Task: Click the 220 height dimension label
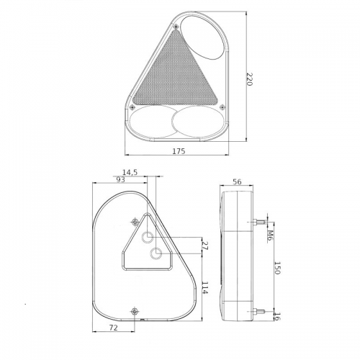249,79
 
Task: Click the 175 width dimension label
179,151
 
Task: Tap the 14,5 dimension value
130,172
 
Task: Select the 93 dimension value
120,179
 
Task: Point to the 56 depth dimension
237,181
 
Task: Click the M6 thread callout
270,235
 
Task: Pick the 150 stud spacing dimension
276,268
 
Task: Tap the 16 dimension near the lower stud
276,316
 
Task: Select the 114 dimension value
204,288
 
